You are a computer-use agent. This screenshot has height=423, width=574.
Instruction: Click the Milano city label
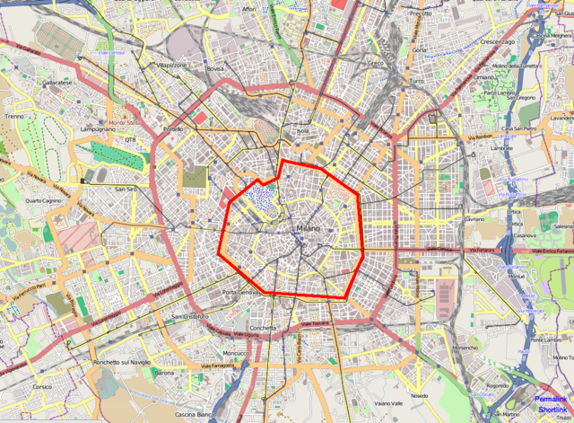coord(309,232)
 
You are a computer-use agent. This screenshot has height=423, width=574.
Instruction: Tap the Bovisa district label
coord(215,68)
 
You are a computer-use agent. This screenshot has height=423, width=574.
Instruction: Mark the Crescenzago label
coord(497,42)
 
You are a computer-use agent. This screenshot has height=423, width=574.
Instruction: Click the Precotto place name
coord(421,14)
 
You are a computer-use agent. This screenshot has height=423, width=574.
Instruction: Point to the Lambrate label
coord(501,147)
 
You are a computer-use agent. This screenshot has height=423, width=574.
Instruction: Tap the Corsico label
coord(42,386)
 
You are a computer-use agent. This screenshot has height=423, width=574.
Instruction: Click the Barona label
coord(164,372)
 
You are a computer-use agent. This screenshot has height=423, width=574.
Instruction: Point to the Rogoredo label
coord(498,386)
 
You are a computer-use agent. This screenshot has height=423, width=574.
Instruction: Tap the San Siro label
coord(126,189)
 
